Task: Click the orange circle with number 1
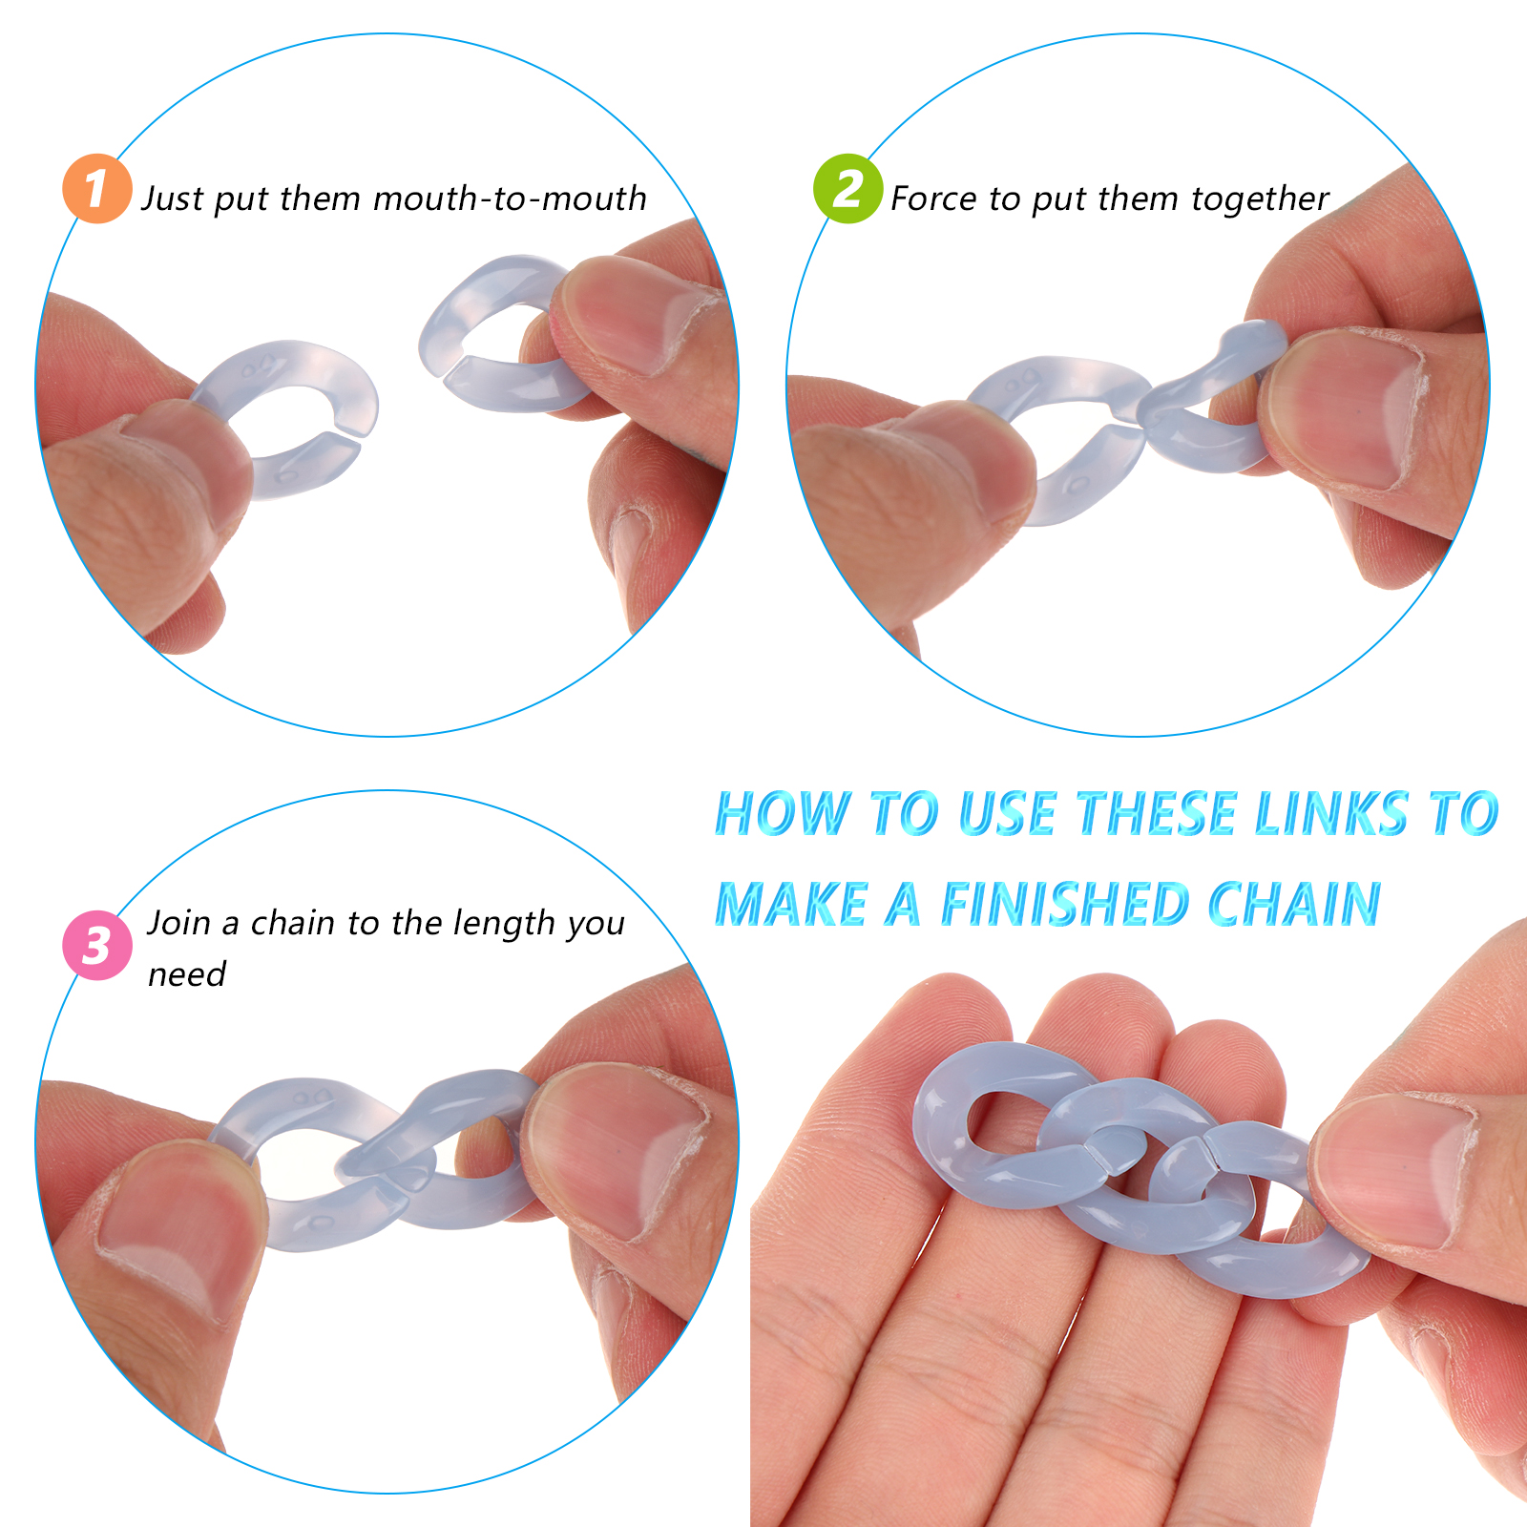click(x=96, y=189)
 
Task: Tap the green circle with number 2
click(x=847, y=189)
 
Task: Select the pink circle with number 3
click(x=96, y=945)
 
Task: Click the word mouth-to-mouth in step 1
click(x=511, y=199)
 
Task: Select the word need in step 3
click(x=187, y=974)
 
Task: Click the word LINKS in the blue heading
click(x=1332, y=814)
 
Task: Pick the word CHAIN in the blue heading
click(x=1294, y=904)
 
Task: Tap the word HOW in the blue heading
click(x=783, y=814)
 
